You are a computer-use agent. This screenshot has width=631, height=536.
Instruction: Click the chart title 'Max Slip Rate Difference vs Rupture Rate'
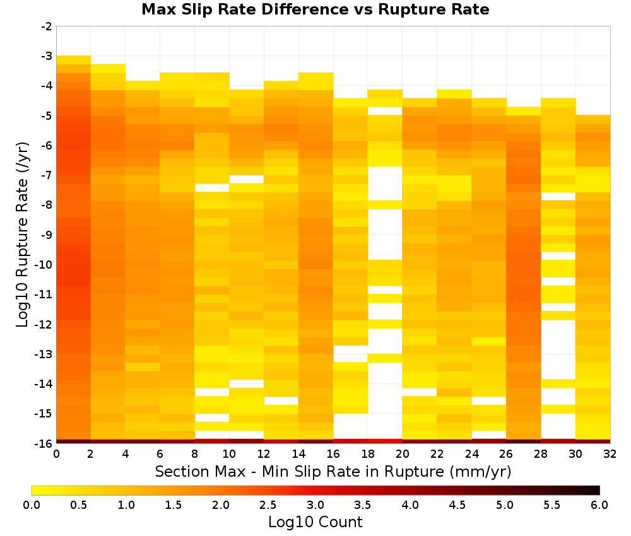pos(315,9)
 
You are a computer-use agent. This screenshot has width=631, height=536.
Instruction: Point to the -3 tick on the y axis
pos(47,56)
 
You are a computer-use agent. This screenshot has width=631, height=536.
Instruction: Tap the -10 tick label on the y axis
pos(44,265)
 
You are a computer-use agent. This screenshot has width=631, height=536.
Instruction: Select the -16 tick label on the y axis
pos(44,443)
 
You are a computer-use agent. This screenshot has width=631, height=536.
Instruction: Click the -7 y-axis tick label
pos(47,175)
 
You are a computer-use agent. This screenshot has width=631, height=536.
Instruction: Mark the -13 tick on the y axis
pos(44,354)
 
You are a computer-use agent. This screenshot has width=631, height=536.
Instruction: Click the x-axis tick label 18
pos(368,454)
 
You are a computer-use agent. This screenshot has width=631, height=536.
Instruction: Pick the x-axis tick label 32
pos(610,454)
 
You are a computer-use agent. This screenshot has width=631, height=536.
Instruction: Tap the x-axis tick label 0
pos(56,454)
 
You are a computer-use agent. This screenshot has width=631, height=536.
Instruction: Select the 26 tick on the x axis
pos(506,454)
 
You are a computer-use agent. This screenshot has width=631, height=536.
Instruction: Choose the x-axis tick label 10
pos(230,454)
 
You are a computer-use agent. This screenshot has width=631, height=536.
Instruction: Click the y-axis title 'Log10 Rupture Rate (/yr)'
pos(23,235)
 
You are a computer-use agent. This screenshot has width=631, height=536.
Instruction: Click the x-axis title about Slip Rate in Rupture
pos(333,471)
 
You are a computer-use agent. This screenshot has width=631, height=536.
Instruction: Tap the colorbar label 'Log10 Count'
pos(315,522)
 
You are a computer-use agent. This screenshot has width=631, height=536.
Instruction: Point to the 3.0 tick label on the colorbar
pos(315,504)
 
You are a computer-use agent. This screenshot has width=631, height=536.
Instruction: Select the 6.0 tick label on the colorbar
pos(599,504)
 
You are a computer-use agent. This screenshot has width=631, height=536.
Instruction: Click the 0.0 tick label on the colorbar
pos(32,504)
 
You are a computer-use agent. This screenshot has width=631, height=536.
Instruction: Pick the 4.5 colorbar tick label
pos(457,504)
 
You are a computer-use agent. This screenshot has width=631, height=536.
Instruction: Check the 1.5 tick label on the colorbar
pos(174,504)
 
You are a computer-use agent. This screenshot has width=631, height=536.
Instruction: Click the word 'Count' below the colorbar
pos(339,522)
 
